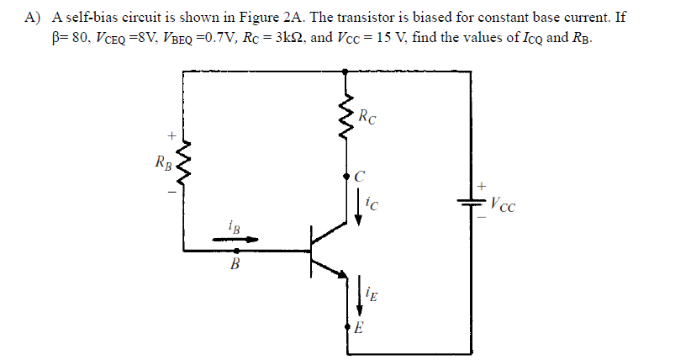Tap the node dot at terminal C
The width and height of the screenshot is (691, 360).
[x=345, y=177]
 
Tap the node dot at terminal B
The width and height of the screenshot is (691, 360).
[x=236, y=250]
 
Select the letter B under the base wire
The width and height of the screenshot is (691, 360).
[x=235, y=267]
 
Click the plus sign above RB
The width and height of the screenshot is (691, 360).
[x=171, y=134]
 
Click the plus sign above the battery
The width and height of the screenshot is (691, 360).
[x=482, y=184]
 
